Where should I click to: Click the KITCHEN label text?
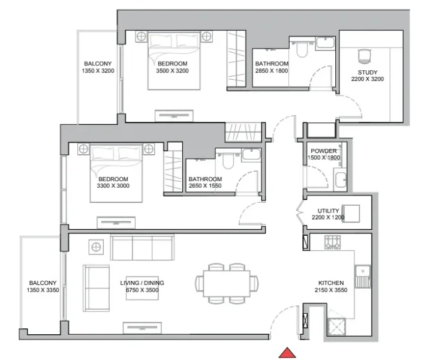330,283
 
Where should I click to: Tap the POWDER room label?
323,151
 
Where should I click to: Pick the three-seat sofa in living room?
142,247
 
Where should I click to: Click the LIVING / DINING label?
142,283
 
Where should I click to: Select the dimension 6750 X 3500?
142,290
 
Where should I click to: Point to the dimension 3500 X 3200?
172,71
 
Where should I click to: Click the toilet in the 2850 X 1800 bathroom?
300,52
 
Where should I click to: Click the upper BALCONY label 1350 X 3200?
97,67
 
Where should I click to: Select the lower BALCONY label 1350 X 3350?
43,286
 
